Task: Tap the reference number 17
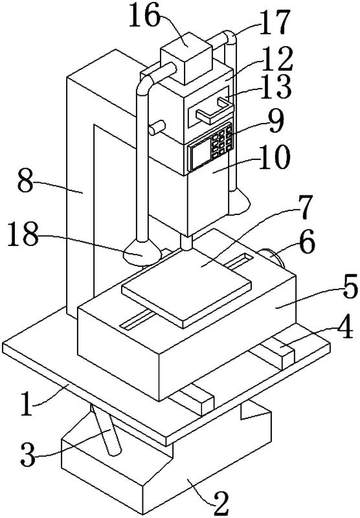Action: pyautogui.click(x=274, y=22)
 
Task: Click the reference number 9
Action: pyautogui.click(x=276, y=121)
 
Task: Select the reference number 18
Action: pyautogui.click(x=23, y=234)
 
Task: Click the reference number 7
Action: pyautogui.click(x=304, y=208)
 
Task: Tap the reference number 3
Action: pyautogui.click(x=28, y=455)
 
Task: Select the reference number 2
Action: pyautogui.click(x=221, y=504)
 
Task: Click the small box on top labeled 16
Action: pyautogui.click(x=186, y=57)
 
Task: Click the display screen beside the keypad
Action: pyautogui.click(x=199, y=153)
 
